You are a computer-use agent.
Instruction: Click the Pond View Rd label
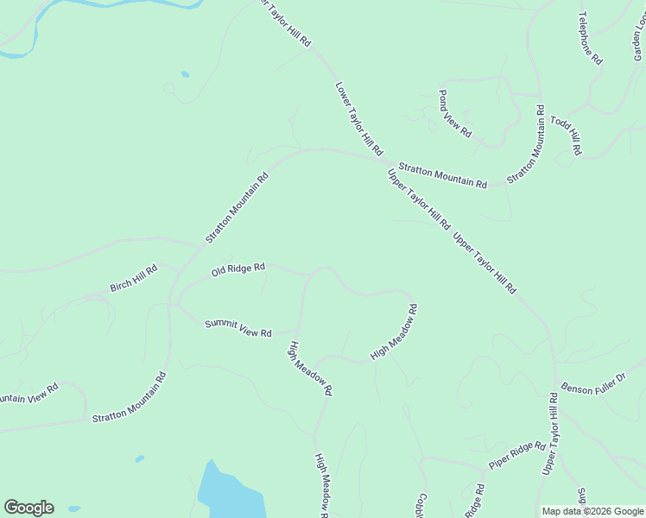point(454,114)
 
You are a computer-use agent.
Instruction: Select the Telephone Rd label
point(590,39)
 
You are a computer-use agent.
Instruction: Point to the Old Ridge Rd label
point(237,270)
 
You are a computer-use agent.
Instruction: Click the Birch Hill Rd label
point(134,278)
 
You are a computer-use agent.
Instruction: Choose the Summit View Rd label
point(238,328)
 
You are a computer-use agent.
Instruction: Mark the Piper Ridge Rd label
point(516,456)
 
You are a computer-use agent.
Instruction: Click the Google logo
point(28,508)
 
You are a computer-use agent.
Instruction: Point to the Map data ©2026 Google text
point(592,511)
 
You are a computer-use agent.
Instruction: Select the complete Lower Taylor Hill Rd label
point(358,118)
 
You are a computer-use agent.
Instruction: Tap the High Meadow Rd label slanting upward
point(394,332)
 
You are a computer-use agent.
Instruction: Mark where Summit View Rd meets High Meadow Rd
point(299,331)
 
